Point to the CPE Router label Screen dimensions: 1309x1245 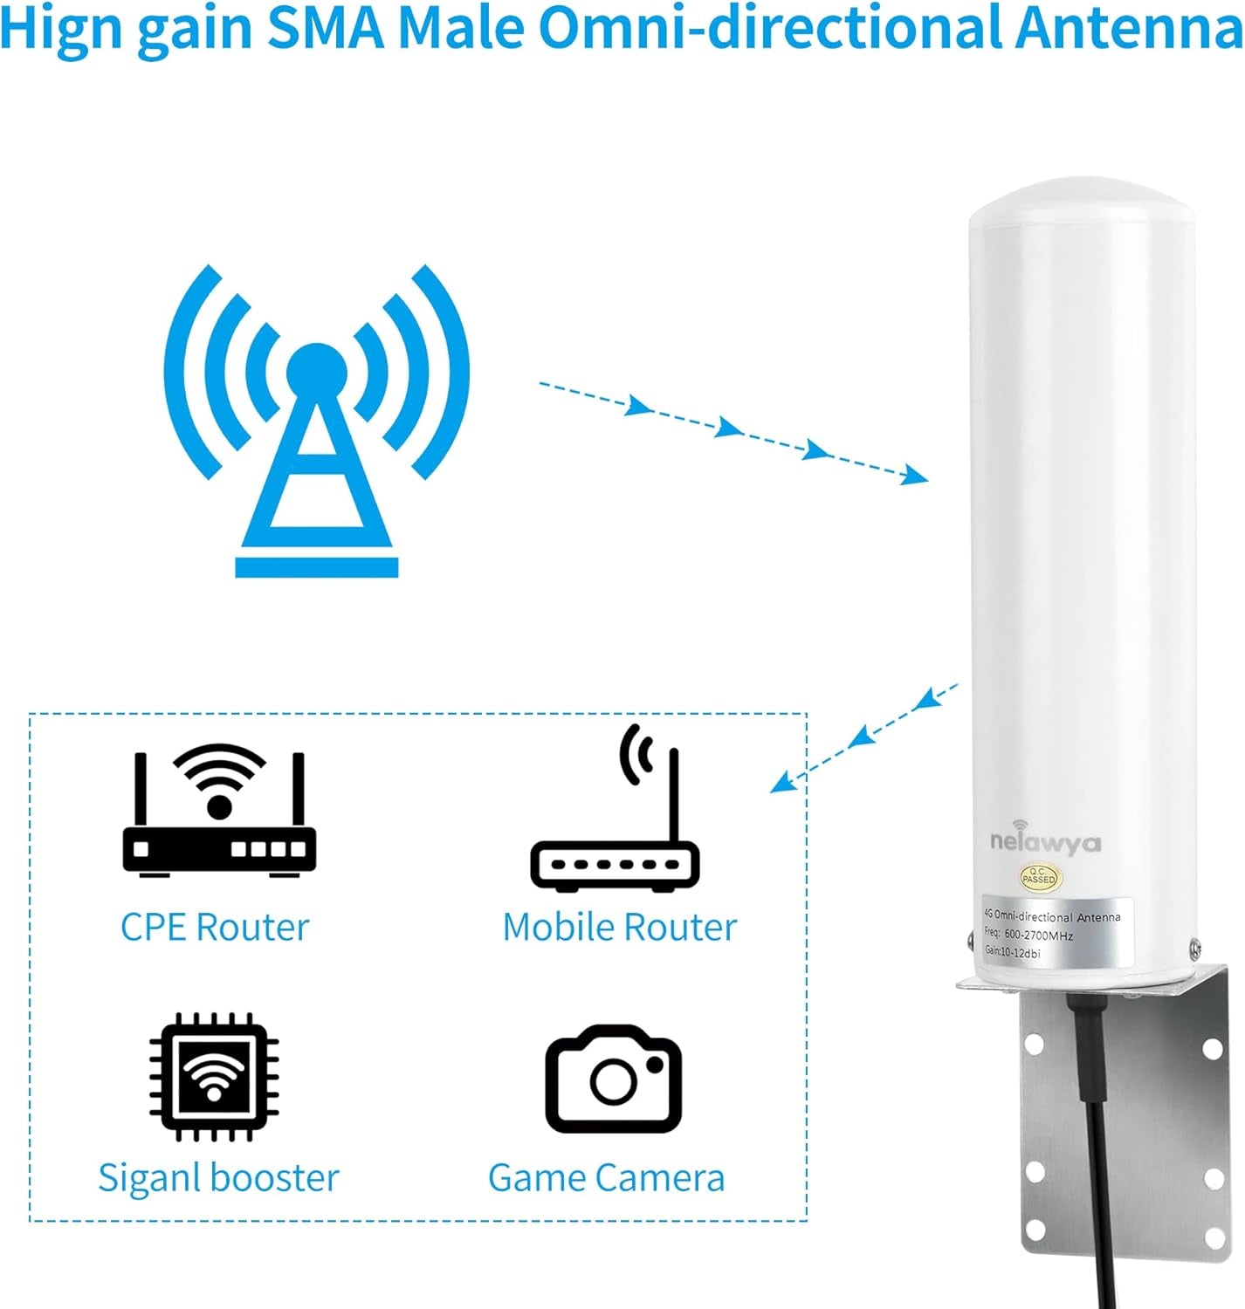tap(215, 927)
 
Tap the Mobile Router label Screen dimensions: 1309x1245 tap(620, 927)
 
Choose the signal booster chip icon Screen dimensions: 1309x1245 tap(214, 1077)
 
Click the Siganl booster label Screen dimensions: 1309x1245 tap(218, 1178)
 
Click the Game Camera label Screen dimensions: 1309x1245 tap(607, 1178)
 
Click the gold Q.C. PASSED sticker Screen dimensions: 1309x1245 tap(1038, 877)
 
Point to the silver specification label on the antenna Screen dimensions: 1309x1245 tap(1056, 933)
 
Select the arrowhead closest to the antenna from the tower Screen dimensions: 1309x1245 tap(914, 476)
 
